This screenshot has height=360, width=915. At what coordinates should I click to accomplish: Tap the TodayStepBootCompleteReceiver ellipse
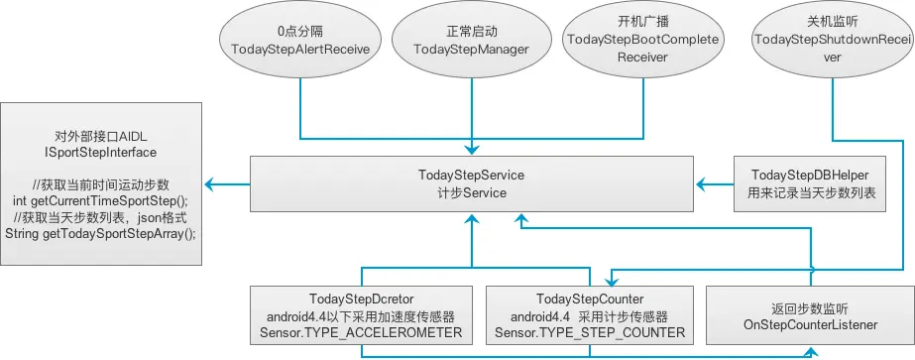(629, 41)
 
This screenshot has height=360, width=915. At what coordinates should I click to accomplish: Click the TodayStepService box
(471, 184)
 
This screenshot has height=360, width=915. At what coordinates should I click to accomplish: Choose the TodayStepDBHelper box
(811, 184)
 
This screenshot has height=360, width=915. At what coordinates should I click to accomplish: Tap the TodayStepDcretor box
(362, 315)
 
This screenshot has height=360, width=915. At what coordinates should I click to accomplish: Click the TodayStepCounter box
(590, 315)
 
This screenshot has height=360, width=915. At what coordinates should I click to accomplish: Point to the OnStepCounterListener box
(805, 315)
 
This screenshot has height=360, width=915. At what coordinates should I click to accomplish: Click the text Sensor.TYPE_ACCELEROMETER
(362, 332)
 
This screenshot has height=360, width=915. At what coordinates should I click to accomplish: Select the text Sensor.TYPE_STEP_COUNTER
(590, 332)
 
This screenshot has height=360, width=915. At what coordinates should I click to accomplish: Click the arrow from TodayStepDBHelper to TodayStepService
(716, 184)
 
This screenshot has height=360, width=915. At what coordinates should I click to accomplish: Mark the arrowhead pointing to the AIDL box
(210, 184)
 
